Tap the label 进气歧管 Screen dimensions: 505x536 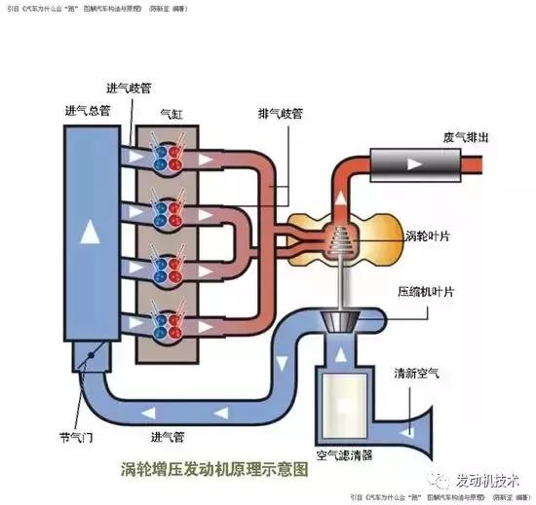(x=133, y=88)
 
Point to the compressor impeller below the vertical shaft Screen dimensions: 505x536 (x=341, y=322)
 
